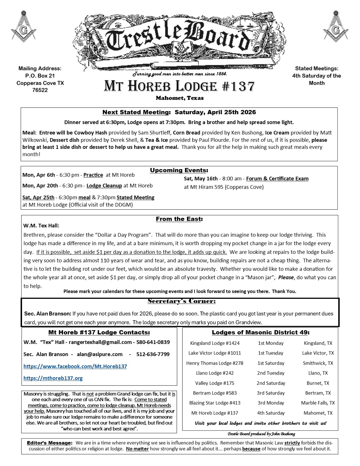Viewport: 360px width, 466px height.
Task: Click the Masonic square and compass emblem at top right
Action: coord(336,26)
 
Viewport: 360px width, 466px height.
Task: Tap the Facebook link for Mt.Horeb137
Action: coord(75,366)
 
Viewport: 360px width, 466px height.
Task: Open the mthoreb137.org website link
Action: coord(53,378)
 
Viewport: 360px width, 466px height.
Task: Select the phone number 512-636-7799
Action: coord(153,354)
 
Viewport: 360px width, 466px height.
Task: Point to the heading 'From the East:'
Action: coord(179,219)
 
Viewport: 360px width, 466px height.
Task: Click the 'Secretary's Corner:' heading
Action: coord(182,301)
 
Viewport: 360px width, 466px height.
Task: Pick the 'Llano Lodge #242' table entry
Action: coord(215,373)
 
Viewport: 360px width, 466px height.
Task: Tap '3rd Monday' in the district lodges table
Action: coord(271,403)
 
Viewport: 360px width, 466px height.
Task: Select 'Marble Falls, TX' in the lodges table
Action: coord(318,403)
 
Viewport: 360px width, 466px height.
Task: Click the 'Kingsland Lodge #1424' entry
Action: coord(215,343)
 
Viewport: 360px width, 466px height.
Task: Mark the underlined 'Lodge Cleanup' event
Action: coord(104,186)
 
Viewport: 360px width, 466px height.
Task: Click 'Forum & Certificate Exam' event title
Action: coord(277,179)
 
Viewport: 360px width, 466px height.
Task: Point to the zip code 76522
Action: coord(40,90)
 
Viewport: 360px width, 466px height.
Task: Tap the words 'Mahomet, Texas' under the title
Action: coord(180,98)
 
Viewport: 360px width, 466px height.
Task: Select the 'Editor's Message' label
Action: coord(50,443)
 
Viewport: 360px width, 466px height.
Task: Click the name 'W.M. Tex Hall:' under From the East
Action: coord(41,226)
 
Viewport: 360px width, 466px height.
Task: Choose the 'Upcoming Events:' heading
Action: coord(179,170)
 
